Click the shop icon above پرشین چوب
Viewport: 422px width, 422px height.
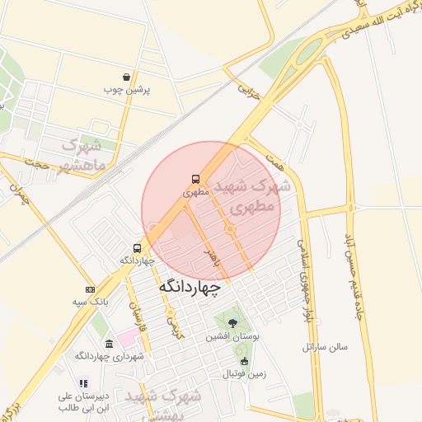125,76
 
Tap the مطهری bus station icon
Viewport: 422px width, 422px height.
196,178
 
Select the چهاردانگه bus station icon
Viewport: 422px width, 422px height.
137,247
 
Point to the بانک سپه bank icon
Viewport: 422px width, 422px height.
90,289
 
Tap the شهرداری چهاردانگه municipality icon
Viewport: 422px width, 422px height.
109,343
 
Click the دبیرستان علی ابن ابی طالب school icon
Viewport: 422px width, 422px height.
83,383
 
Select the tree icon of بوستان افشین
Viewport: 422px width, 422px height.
233,322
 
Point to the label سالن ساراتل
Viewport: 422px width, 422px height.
326,347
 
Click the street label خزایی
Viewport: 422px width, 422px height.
249,90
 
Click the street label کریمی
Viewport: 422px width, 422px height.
175,326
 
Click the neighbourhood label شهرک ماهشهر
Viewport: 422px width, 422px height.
83,157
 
